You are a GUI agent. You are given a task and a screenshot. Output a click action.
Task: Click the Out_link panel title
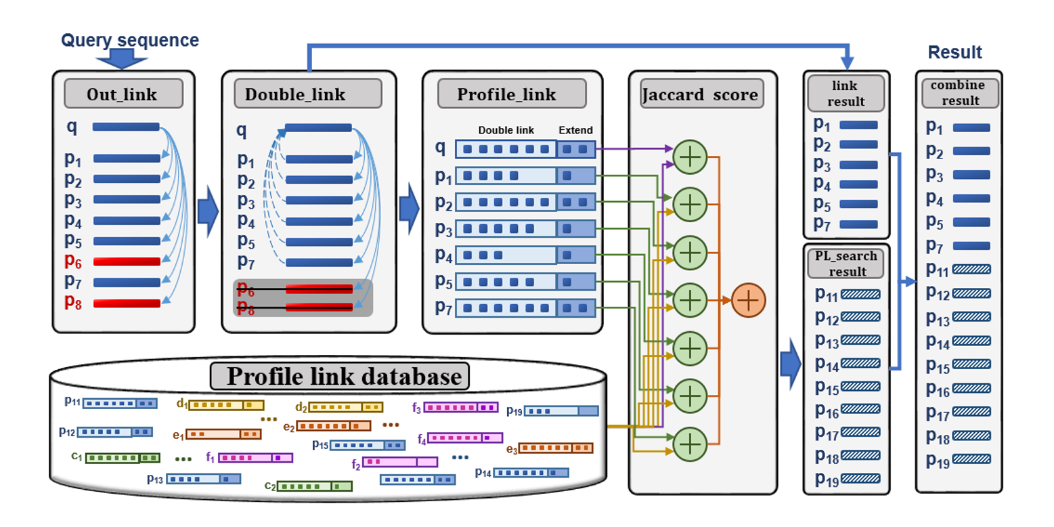123,93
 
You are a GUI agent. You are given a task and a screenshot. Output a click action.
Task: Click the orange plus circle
748,299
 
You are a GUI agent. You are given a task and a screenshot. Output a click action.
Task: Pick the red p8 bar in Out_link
126,303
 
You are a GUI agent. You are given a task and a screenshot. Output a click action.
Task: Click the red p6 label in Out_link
74,261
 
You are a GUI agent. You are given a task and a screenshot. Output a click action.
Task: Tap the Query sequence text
130,41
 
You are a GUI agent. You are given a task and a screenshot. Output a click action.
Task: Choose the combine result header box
958,93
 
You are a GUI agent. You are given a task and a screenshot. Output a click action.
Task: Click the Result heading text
954,52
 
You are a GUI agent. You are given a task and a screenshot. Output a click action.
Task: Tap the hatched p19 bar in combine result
971,459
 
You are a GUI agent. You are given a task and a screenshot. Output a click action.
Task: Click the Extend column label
575,129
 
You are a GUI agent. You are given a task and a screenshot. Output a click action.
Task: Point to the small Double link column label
505,129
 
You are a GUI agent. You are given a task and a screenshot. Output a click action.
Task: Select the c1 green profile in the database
122,458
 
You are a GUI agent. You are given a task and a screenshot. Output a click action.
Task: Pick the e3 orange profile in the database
555,448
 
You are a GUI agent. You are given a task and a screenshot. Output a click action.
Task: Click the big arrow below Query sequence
122,61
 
